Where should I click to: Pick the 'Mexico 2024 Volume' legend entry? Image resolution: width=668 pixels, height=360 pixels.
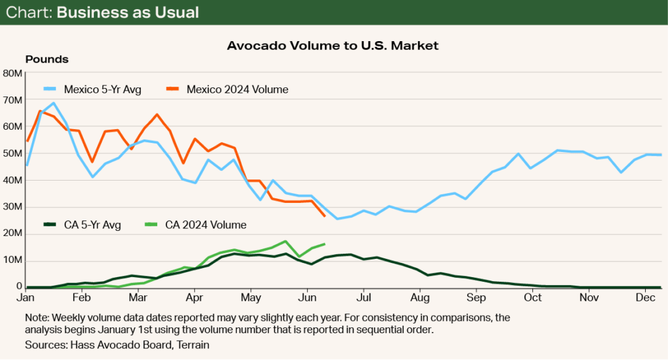coord(237,89)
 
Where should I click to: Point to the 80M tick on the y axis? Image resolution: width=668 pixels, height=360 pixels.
coord(13,73)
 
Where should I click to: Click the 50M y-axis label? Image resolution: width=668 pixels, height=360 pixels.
coord(13,153)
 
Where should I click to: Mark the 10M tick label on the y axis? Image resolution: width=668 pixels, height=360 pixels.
coord(13,260)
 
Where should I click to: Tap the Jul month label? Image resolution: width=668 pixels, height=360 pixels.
coord(365,297)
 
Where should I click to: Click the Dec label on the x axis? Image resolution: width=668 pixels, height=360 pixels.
coord(645,297)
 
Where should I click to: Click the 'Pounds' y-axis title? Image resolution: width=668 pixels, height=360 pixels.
coord(47,59)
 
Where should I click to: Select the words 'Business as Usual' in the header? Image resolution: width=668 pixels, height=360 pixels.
coord(128,13)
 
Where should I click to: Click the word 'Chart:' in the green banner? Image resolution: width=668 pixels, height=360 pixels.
coord(29,13)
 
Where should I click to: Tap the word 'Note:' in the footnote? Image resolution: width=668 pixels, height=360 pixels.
coord(37,317)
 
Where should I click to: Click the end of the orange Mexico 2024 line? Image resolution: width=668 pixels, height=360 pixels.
coord(325,216)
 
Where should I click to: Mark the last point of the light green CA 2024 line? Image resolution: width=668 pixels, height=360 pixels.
coord(325,244)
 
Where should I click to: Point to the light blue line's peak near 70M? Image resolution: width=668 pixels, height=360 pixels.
coord(53,102)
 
